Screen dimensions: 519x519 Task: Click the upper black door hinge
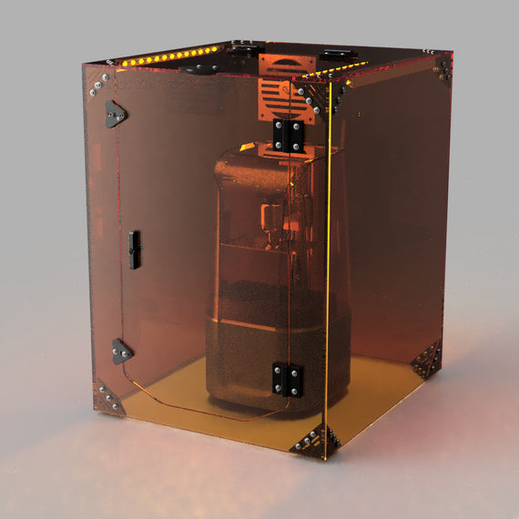coord(288,136)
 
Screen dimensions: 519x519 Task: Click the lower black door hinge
coord(287,379)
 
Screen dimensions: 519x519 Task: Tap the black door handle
coord(135,249)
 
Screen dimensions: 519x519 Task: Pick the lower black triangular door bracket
coord(120,351)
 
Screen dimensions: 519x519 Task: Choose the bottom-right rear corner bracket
coord(426,360)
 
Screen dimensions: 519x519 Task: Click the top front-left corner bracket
coord(97,83)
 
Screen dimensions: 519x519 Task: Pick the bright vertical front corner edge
coord(329,273)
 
